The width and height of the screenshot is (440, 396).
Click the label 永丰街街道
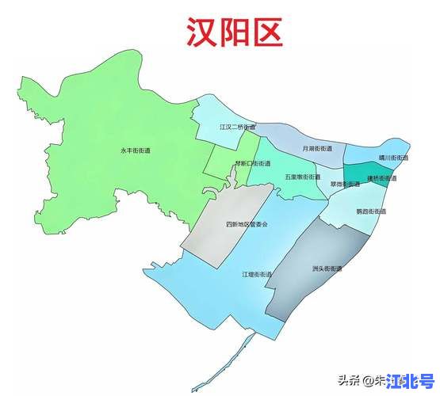(x=136, y=149)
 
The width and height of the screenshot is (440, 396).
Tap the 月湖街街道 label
(x=318, y=148)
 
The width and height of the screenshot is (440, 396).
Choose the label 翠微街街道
(x=345, y=184)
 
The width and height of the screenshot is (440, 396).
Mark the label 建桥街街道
(x=382, y=178)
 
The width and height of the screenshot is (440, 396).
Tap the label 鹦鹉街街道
(x=371, y=211)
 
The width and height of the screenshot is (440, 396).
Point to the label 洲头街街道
(x=327, y=268)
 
